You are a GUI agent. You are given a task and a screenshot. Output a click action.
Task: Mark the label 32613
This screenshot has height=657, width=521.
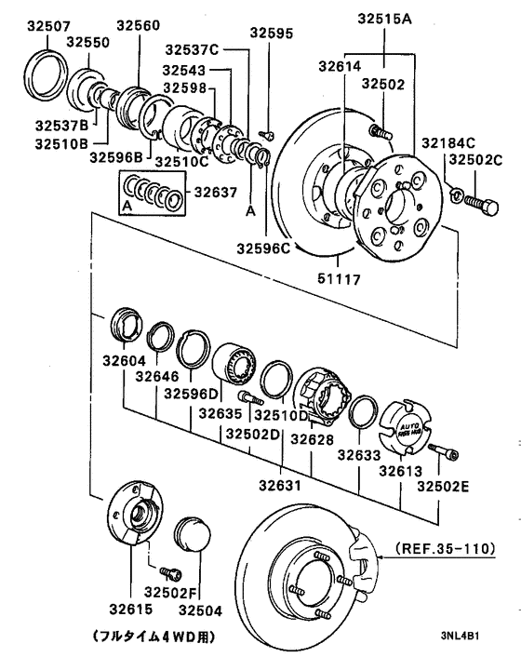(399, 470)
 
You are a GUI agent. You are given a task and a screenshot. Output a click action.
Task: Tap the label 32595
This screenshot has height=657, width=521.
(271, 34)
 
